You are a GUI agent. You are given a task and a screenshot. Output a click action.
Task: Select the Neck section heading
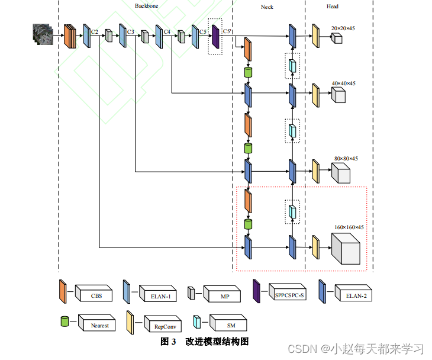point(267,7)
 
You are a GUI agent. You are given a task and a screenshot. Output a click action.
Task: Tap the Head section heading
point(333,7)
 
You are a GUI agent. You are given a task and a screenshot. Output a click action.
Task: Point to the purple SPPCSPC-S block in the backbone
point(215,36)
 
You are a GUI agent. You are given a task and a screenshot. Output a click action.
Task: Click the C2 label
point(94,31)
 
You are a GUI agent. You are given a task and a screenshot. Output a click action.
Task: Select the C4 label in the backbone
point(167,31)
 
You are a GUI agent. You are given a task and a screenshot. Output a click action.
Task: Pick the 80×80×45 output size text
point(346,158)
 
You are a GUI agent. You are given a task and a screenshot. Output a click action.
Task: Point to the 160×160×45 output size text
point(349,227)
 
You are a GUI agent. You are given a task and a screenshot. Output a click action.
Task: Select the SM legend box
point(231,324)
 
